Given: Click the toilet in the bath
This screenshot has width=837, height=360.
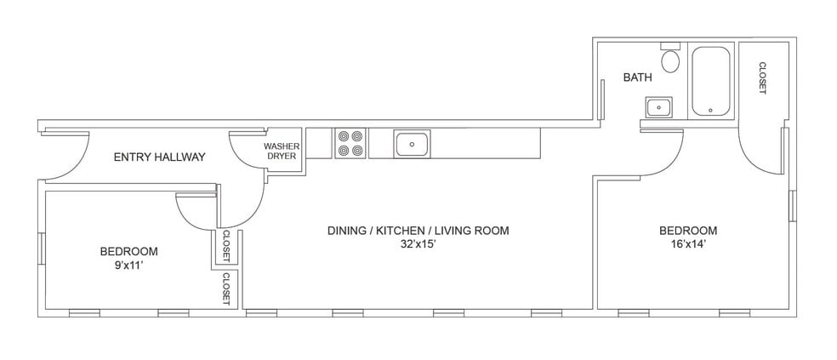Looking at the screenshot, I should (671, 61).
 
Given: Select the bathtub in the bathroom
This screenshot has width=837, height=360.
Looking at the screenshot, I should (710, 82).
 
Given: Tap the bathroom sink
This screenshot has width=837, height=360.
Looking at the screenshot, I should (658, 108).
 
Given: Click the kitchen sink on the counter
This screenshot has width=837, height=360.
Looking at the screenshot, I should (412, 144).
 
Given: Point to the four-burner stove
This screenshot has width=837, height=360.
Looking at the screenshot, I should (350, 143).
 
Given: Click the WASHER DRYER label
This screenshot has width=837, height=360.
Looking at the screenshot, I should (282, 151).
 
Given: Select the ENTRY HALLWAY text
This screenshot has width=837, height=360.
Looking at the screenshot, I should (159, 157).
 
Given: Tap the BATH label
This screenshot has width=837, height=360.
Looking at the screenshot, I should (637, 77).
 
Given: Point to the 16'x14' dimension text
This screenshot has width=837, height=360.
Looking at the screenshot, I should (688, 244).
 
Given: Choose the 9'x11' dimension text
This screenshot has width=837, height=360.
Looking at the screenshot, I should (128, 265).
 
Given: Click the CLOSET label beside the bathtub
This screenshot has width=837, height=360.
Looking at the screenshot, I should (762, 78).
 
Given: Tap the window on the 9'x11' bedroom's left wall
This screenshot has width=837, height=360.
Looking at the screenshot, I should (42, 248).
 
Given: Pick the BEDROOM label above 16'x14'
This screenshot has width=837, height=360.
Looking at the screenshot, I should (688, 231).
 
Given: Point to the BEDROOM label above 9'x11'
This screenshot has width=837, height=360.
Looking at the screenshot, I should (128, 251).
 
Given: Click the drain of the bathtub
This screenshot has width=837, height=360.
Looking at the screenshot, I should (710, 110).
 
